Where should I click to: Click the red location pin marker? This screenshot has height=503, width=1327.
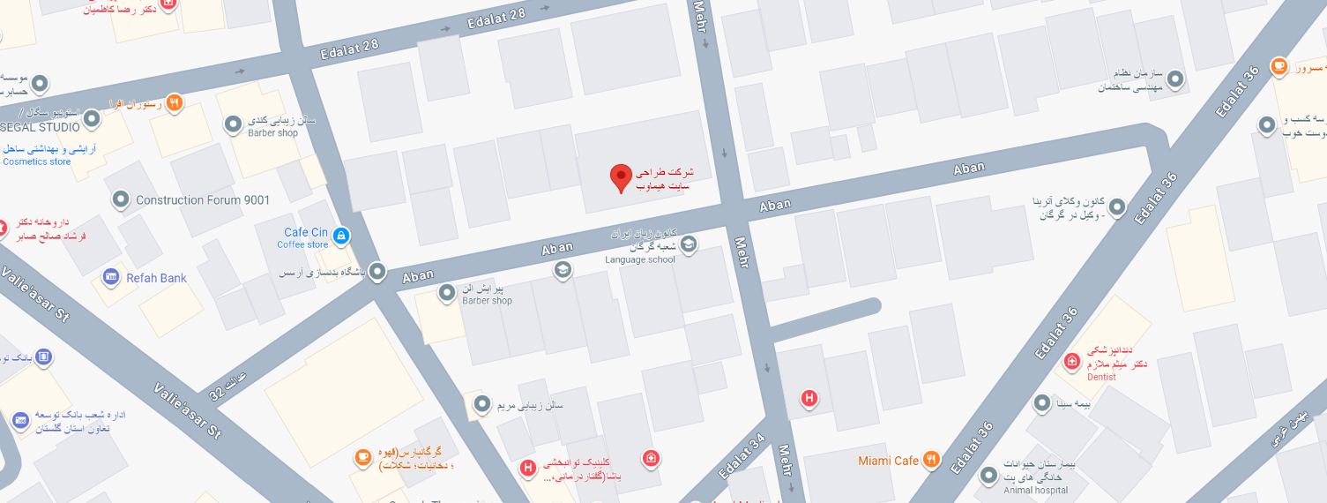(x=621, y=177)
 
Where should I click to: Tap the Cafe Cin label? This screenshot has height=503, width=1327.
(x=306, y=233)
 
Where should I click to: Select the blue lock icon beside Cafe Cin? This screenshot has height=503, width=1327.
(x=341, y=236)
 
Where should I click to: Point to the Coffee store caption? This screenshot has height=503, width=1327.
(x=302, y=245)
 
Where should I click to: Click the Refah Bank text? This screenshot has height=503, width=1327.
(x=156, y=278)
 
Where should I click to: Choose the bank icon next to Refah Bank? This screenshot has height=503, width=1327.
(x=111, y=277)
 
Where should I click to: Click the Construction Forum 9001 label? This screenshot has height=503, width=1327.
(x=203, y=200)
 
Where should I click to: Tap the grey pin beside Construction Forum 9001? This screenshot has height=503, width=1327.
(x=121, y=199)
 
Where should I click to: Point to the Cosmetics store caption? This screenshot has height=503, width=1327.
(x=37, y=161)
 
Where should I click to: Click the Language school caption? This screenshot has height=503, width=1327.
(x=639, y=259)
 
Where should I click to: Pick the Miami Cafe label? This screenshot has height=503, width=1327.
(x=889, y=461)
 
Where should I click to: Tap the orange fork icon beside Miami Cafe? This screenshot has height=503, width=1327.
(x=932, y=460)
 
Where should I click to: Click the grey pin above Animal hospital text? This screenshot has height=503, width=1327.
(x=988, y=476)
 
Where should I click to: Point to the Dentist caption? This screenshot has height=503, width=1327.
(x=1101, y=377)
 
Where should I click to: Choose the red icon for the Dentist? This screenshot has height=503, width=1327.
(x=1072, y=361)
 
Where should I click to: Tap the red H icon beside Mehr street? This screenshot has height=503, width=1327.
(x=809, y=399)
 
